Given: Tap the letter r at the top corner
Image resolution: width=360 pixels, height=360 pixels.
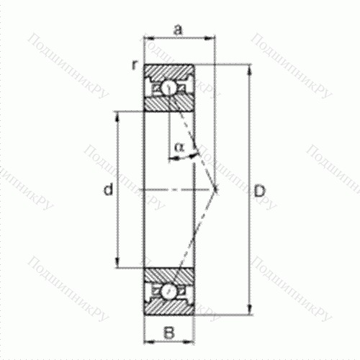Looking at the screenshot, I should (134, 66).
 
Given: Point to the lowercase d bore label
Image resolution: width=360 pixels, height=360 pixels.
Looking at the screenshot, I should (107, 190).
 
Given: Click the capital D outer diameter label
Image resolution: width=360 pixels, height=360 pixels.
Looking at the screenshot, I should (260, 191).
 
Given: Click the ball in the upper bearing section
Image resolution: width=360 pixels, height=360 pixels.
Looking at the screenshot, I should (168, 89).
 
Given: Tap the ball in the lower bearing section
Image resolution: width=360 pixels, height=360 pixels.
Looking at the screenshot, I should (168, 292).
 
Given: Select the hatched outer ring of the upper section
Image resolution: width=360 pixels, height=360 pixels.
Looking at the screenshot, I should (168, 71).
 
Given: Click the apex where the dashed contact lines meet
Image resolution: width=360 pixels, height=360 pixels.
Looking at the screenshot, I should (217, 190).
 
